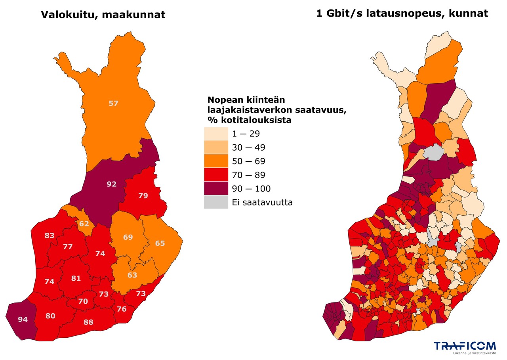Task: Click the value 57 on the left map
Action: [x=114, y=103]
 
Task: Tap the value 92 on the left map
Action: [x=112, y=184]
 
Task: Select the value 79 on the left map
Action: [x=143, y=195]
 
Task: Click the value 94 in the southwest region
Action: [x=23, y=319]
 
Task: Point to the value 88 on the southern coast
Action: [x=88, y=322]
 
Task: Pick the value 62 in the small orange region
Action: [x=84, y=224]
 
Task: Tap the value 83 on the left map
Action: [x=50, y=236]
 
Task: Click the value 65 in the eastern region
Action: [x=160, y=243]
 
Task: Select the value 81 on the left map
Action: [x=76, y=278]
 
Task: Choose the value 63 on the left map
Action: [x=132, y=275]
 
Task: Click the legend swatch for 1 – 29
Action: [x=216, y=134]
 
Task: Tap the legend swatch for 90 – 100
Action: [x=216, y=189]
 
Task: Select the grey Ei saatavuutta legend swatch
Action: [x=216, y=203]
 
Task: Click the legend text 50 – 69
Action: [x=249, y=161]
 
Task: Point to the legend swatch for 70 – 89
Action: [x=216, y=175]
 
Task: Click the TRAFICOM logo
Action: [x=464, y=347]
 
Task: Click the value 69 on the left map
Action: [x=128, y=237]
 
